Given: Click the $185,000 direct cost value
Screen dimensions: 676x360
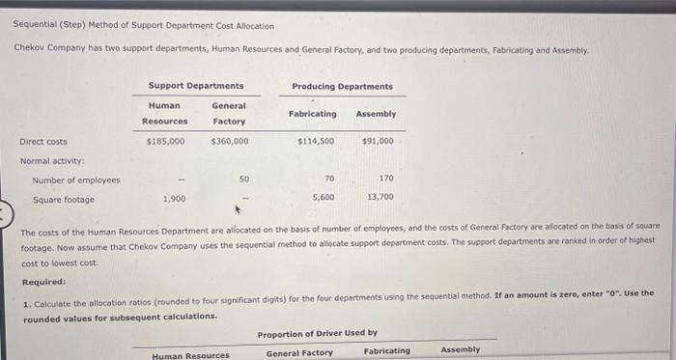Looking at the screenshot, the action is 165,141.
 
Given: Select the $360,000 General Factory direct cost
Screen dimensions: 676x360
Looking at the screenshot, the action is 229,141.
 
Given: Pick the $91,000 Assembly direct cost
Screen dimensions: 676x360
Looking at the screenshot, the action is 377,141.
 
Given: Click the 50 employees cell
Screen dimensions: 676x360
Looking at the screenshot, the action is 243,179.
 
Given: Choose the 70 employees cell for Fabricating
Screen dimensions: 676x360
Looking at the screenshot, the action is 329,179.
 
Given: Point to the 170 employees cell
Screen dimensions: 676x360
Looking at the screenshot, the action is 386,179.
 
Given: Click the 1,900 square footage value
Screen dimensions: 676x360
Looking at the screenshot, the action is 174,198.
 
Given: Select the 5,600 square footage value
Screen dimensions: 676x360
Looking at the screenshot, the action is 324,197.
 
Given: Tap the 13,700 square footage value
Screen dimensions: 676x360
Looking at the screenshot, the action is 380,197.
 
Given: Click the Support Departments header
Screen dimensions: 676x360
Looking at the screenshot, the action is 196,87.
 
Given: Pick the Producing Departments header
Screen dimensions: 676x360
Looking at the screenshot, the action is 342,87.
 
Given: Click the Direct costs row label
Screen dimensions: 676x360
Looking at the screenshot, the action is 43,141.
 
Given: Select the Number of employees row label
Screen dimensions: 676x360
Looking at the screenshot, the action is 76,180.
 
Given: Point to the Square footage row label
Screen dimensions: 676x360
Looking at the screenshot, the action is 64,199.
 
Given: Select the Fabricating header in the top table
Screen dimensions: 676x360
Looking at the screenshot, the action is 313,114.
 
